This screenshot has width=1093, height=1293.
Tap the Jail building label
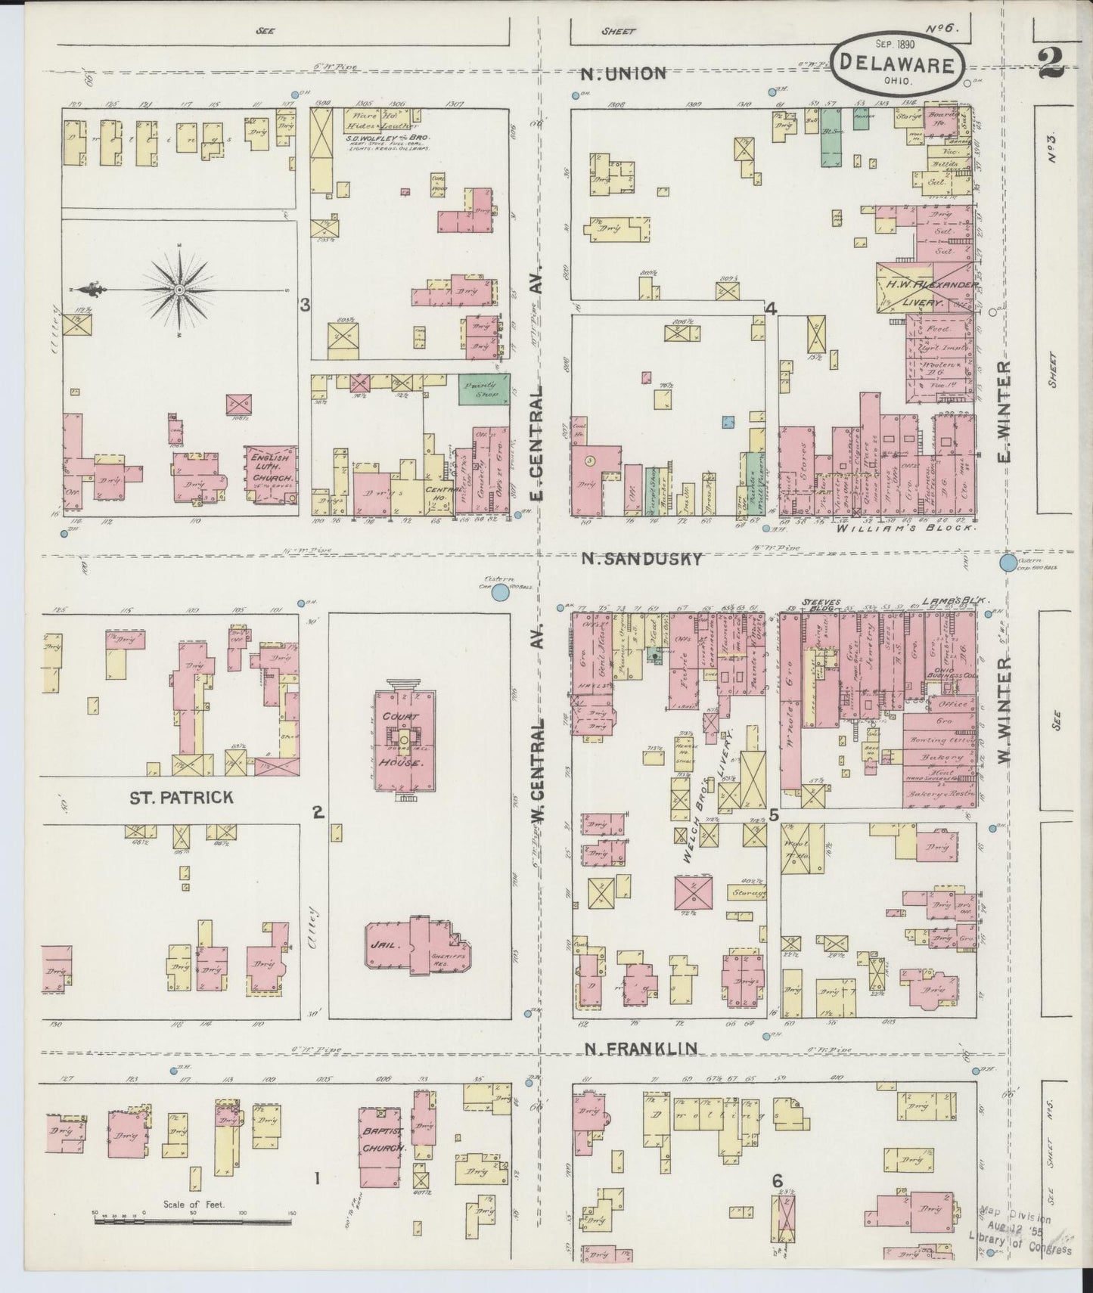click(x=380, y=945)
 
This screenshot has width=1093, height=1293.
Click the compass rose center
click(x=179, y=290)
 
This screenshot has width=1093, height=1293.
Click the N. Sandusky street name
click(x=641, y=559)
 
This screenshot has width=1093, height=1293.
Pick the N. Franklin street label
click(x=641, y=1048)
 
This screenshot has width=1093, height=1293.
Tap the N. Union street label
click(x=624, y=73)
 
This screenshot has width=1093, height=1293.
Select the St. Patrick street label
click(x=180, y=797)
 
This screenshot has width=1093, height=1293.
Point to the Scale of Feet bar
click(x=194, y=1216)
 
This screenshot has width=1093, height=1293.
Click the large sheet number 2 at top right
click(x=1050, y=66)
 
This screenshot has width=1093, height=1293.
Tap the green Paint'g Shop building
click(x=484, y=389)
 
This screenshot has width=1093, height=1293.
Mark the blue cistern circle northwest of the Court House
click(x=499, y=593)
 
